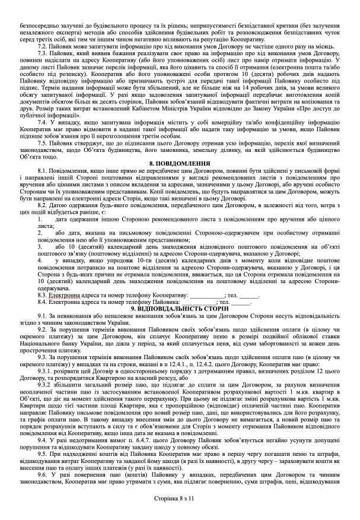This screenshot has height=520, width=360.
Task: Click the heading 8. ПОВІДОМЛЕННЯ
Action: click(x=180, y=162)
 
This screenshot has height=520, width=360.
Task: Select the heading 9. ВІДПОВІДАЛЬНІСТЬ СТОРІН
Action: click(x=180, y=309)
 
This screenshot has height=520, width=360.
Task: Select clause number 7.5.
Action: click(x=43, y=143)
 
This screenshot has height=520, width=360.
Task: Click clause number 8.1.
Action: click(x=43, y=170)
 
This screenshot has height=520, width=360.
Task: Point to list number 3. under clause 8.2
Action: click(x=39, y=246)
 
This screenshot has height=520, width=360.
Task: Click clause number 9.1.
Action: click(x=43, y=316)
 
